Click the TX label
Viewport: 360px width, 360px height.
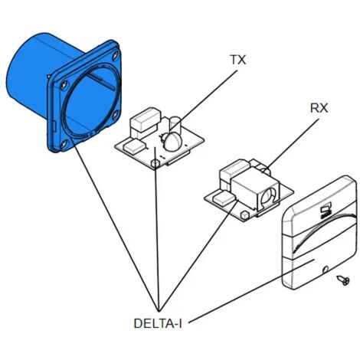tap(238, 60)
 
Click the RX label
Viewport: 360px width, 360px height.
tap(319, 108)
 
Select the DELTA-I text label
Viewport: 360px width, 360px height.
tap(158, 323)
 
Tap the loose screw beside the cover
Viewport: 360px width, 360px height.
tap(343, 280)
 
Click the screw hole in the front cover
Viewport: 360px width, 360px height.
tap(326, 270)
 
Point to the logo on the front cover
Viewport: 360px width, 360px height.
tap(326, 210)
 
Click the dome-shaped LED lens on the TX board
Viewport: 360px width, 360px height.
tap(172, 142)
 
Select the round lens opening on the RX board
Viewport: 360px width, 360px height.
tap(268, 195)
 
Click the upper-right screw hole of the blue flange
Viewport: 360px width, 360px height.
tap(115, 55)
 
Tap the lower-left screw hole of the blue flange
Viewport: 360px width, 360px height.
tap(64, 144)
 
